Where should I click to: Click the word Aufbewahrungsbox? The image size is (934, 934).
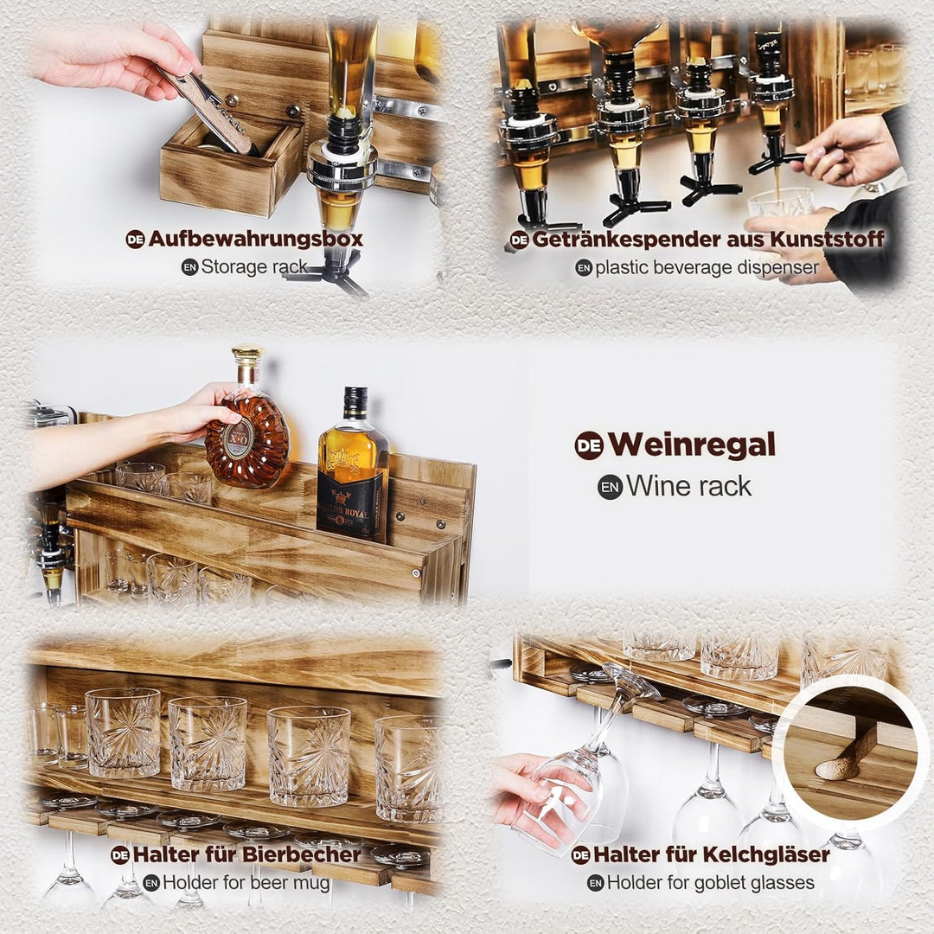pos(255,239)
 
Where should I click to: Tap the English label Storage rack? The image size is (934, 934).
pos(253,267)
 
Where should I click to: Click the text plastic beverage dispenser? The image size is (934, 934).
pos(707,268)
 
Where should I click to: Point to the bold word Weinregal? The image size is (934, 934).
pos(692,445)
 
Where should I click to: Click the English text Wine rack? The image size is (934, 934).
pos(688,487)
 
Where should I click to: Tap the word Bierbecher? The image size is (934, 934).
pos(302,854)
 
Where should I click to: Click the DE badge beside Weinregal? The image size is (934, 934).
pos(589,445)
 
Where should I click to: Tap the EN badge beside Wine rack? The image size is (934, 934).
pos(610,487)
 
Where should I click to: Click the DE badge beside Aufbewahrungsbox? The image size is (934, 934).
pos(135,240)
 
